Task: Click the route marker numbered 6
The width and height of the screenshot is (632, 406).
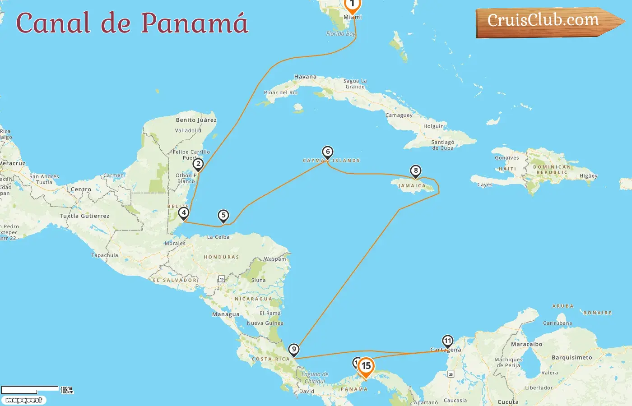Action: [x=328, y=152]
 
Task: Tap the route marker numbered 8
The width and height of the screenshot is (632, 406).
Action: [x=416, y=171]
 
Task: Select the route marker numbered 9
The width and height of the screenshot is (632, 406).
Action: [x=294, y=349]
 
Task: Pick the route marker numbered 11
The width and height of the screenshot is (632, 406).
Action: [x=447, y=341]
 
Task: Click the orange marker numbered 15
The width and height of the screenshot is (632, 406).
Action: [x=366, y=366]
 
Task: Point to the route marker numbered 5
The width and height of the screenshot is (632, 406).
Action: [x=223, y=215]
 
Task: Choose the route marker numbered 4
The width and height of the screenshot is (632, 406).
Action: [x=184, y=212]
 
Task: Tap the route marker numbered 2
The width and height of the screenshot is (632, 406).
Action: [x=198, y=164]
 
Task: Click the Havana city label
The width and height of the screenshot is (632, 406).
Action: [x=305, y=77]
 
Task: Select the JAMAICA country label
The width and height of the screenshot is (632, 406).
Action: [x=412, y=186]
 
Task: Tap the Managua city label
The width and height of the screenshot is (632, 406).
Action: [x=226, y=314]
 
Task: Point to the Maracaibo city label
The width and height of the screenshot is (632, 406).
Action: [x=526, y=344]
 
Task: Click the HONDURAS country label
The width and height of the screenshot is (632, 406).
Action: [x=221, y=257]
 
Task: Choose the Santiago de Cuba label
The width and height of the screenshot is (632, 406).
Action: [x=442, y=145]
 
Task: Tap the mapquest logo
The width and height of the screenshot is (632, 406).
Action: [x=23, y=400]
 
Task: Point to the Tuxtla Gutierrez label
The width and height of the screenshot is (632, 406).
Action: [x=84, y=216]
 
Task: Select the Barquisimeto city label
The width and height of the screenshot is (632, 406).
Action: [x=572, y=358]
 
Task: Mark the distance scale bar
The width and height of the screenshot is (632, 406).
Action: [x=30, y=389]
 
